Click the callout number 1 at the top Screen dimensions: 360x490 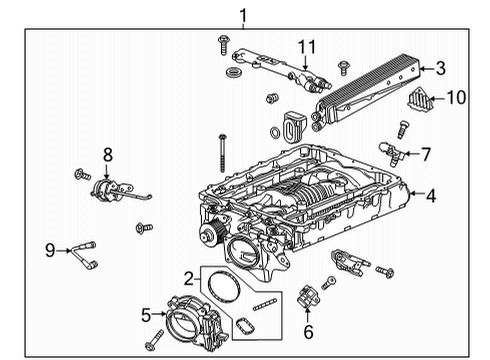[241, 13]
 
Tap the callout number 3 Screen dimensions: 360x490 [440, 68]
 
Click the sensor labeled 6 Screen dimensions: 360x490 [307, 300]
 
